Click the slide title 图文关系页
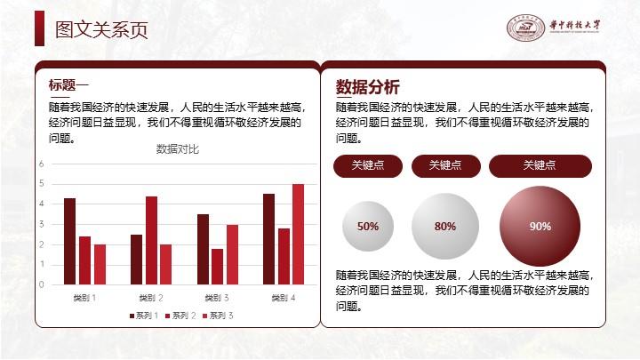101,30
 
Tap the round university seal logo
525,28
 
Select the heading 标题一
68,85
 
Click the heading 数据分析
367,87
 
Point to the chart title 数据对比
178,149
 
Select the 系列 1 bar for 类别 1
70,241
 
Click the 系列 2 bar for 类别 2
151,240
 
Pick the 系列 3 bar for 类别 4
299,235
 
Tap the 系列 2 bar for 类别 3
217,267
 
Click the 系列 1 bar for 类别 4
269,239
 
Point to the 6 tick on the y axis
41,164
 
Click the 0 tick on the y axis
41,284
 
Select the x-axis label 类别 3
217,298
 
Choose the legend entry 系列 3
218,316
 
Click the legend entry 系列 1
144,316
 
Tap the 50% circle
368,226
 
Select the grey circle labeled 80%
445,226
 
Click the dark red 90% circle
540,226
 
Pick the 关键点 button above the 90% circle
540,165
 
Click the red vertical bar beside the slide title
40,28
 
